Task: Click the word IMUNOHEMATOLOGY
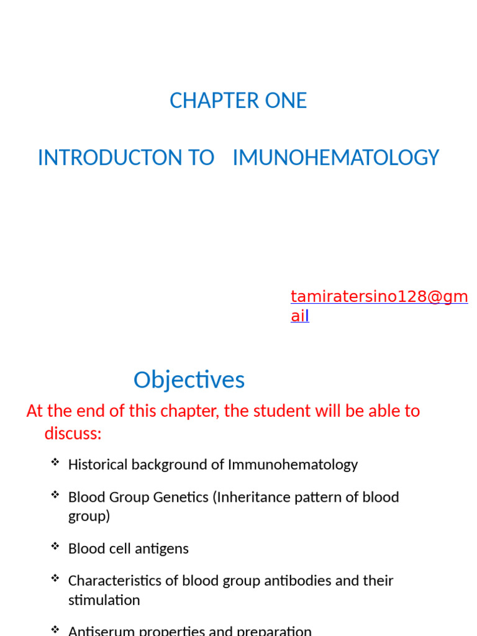click(335, 158)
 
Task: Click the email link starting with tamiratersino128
click(379, 297)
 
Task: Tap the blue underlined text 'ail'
click(299, 316)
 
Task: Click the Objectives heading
click(189, 380)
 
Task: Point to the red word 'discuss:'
click(73, 434)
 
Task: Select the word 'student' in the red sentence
click(283, 411)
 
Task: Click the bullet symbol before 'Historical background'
click(55, 462)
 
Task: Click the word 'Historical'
click(98, 465)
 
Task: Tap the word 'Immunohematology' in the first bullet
click(293, 465)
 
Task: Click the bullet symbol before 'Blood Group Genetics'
click(55, 495)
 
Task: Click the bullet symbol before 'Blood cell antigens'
click(55, 547)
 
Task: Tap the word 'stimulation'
click(104, 601)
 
